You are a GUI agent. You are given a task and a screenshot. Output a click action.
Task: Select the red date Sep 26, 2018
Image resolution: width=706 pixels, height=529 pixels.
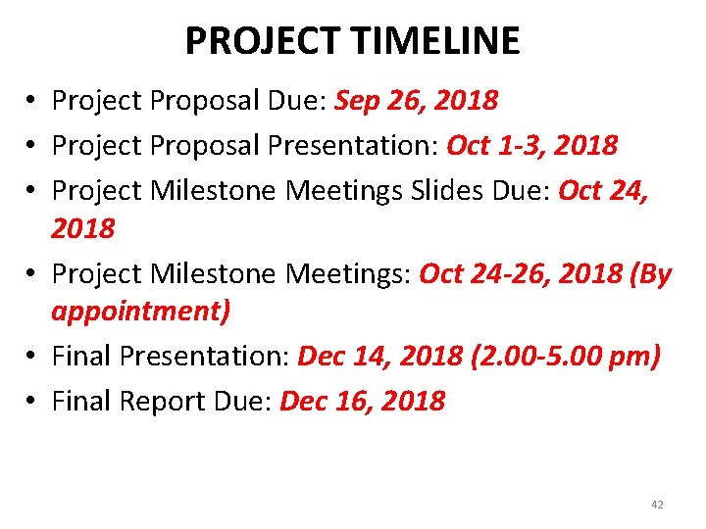coord(417,100)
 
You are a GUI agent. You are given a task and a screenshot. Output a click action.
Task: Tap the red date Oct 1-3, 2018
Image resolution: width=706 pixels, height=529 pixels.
coord(532,145)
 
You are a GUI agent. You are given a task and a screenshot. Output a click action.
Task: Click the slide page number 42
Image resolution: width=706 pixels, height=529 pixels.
coord(657,505)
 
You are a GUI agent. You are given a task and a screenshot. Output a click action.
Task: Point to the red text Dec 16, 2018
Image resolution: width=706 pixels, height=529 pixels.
coord(363,401)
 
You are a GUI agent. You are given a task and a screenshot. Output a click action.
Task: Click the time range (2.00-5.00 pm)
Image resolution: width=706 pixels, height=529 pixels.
coord(579,356)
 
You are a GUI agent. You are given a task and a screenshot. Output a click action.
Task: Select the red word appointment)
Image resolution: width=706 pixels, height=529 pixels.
coord(141,312)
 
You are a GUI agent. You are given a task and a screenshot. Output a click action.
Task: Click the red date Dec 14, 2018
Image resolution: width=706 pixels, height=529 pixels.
coord(378,356)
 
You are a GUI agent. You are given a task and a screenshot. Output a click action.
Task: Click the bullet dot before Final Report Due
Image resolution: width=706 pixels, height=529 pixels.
coord(32,402)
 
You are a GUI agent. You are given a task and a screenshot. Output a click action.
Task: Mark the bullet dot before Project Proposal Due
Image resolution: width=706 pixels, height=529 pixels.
coord(32,101)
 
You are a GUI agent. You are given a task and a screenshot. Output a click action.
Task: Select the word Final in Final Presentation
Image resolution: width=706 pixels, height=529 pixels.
coord(80,356)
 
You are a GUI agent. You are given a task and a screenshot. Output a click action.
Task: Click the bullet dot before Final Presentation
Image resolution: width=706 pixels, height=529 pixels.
coord(32,357)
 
